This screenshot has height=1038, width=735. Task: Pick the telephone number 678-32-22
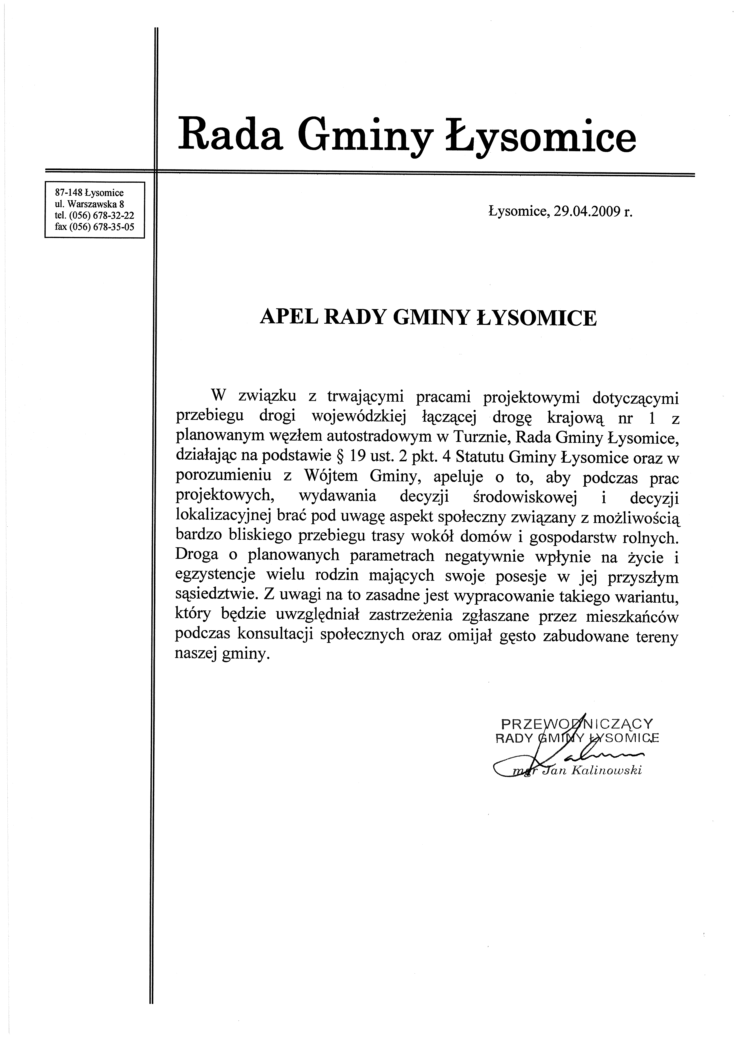113,215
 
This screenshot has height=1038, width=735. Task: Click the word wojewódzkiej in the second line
358,417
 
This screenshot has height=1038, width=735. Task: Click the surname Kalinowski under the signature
606,771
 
